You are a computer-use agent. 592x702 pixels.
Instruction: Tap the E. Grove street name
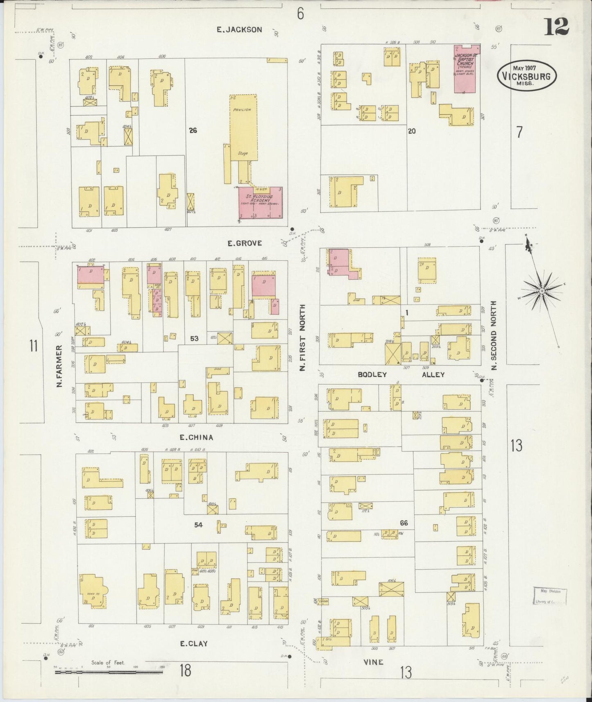[x=245, y=243]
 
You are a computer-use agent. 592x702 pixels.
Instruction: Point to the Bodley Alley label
[x=401, y=374]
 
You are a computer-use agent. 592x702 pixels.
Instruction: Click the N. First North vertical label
[x=303, y=338]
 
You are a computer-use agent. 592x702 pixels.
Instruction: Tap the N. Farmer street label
[x=59, y=366]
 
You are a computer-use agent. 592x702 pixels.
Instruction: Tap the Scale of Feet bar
[x=110, y=672]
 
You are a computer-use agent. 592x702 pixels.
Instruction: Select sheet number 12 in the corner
[x=556, y=27]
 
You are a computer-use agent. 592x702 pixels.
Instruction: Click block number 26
[x=193, y=131]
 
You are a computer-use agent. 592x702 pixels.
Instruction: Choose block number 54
[x=198, y=525]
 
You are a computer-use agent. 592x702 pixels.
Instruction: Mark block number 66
[x=404, y=523]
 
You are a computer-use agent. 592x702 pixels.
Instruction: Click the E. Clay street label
[x=194, y=643]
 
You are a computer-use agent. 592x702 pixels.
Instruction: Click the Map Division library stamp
[x=550, y=596]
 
